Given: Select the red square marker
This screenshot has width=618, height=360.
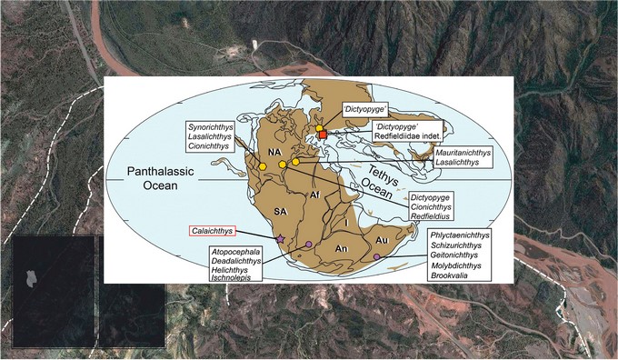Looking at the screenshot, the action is click(x=322, y=135).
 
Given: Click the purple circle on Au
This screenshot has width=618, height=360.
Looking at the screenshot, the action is click(x=376, y=258).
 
